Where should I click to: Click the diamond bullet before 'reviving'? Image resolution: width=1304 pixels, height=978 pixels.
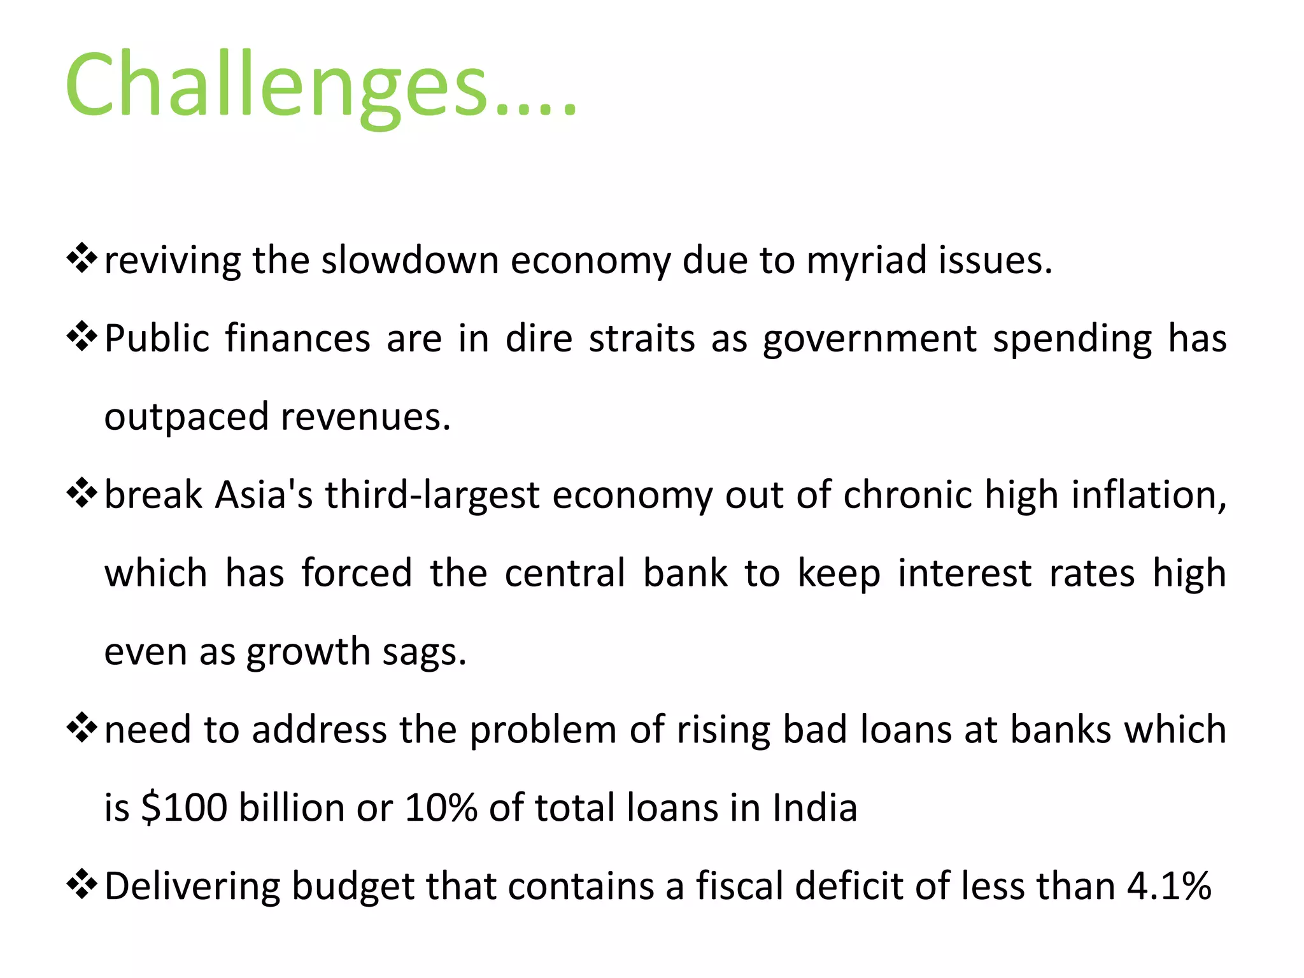81,259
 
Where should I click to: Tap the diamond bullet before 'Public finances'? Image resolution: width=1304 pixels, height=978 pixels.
81,337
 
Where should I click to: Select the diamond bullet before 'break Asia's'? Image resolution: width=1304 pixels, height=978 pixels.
81,493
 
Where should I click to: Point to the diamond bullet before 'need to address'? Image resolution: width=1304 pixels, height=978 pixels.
81,728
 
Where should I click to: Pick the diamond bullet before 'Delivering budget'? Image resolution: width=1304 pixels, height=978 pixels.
81,885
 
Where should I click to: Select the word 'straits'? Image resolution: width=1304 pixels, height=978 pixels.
642,338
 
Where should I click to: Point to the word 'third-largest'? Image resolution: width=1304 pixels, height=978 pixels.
432,495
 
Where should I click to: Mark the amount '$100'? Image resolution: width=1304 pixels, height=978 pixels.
184,807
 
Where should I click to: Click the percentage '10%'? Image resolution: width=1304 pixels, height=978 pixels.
441,807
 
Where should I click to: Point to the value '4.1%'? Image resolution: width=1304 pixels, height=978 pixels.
1169,886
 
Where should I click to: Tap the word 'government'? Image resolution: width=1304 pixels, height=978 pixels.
870,339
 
